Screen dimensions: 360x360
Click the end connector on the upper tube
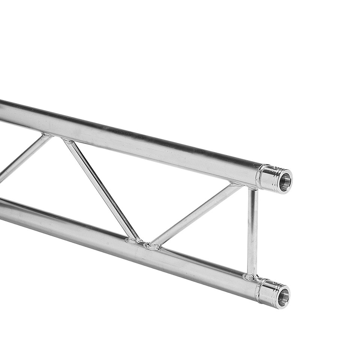[276, 179]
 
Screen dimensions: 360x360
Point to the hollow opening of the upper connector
[285, 182]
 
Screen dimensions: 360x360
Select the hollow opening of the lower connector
[283, 297]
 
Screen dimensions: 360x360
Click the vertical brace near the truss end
[252, 232]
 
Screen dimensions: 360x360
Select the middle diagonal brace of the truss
[101, 189]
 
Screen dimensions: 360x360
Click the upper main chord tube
[131, 144]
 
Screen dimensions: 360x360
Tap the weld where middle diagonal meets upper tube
[69, 141]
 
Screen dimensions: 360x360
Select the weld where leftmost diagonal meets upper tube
[46, 135]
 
